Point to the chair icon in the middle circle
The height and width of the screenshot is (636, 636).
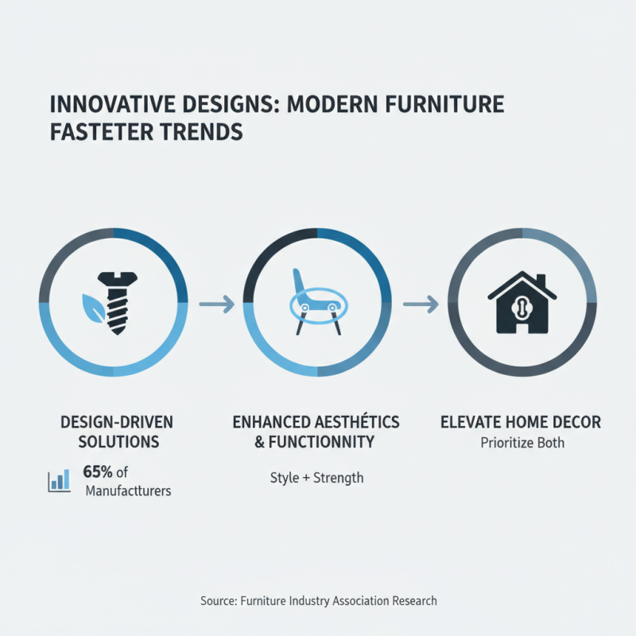tap(316, 303)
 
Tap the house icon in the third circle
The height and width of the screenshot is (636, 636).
tap(522, 303)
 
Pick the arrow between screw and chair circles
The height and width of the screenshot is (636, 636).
tap(215, 303)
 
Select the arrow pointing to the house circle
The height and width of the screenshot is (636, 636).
tap(421, 303)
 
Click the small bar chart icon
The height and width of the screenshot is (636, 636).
tap(59, 479)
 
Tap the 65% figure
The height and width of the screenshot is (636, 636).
tap(97, 473)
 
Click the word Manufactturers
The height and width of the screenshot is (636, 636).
tap(128, 491)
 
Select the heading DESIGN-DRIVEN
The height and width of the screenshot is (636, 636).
tap(117, 421)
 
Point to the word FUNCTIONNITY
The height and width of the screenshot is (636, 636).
tap(327, 442)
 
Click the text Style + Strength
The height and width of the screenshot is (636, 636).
tap(316, 478)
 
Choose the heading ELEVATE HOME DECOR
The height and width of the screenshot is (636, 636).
tap(521, 422)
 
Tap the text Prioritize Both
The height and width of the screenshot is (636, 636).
tap(522, 443)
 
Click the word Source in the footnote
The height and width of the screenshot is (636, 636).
tap(219, 601)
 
